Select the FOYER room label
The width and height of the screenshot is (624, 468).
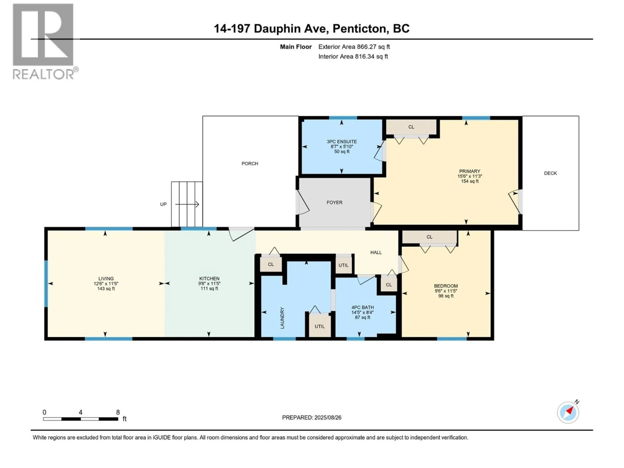[x=334, y=202]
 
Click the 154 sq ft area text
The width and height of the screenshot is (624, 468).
[x=470, y=181]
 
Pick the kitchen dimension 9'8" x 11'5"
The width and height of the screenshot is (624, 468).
[x=209, y=284]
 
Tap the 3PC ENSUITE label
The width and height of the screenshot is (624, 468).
[x=342, y=142]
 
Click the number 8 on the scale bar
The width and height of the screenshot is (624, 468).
[x=118, y=412]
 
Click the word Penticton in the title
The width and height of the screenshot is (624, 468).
[x=359, y=28]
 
